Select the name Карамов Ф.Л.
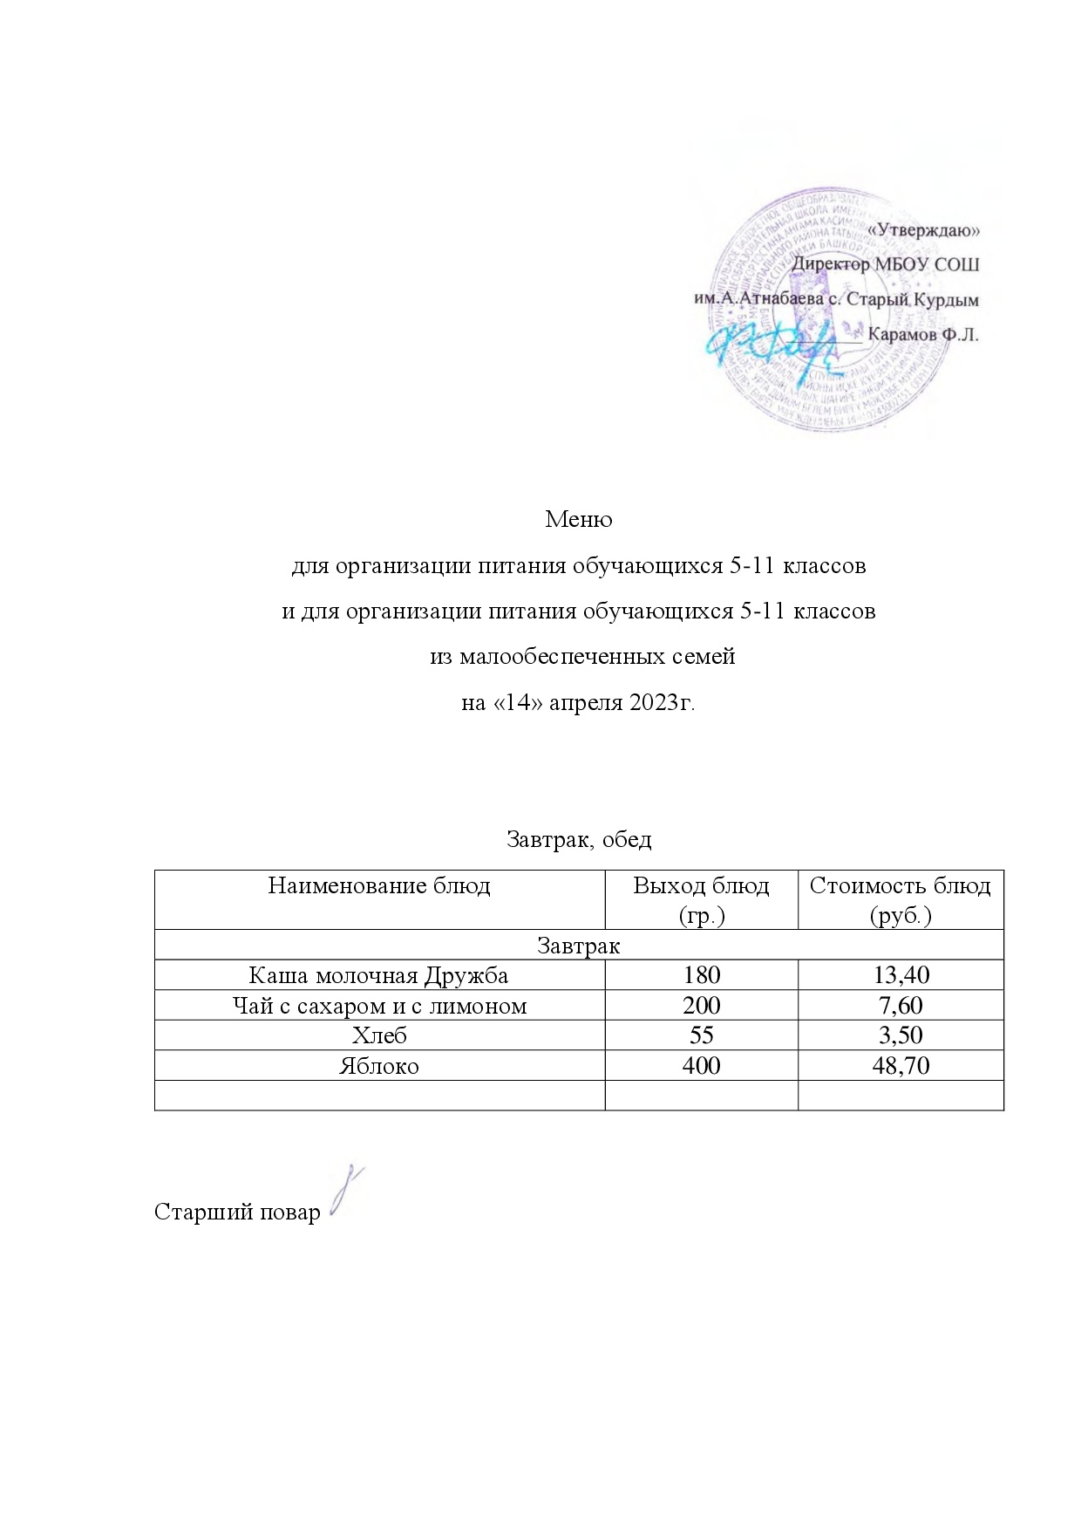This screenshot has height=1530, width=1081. (923, 334)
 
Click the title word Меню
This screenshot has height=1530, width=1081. (578, 520)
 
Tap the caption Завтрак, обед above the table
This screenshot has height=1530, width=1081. (578, 839)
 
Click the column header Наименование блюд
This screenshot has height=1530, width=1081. (379, 886)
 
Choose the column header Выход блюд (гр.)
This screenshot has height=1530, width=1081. (701, 899)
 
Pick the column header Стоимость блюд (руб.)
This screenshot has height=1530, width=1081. (900, 899)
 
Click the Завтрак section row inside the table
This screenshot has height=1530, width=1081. (578, 946)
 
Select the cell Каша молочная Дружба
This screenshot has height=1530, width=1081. (379, 975)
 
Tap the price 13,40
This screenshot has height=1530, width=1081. (900, 975)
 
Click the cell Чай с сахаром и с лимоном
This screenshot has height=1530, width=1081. (379, 1006)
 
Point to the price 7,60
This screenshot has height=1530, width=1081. (900, 1006)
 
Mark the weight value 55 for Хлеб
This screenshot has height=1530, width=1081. (701, 1035)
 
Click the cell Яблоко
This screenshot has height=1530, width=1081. (379, 1066)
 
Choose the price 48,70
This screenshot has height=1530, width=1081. (900, 1066)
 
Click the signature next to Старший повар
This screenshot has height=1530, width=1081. (346, 1192)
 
